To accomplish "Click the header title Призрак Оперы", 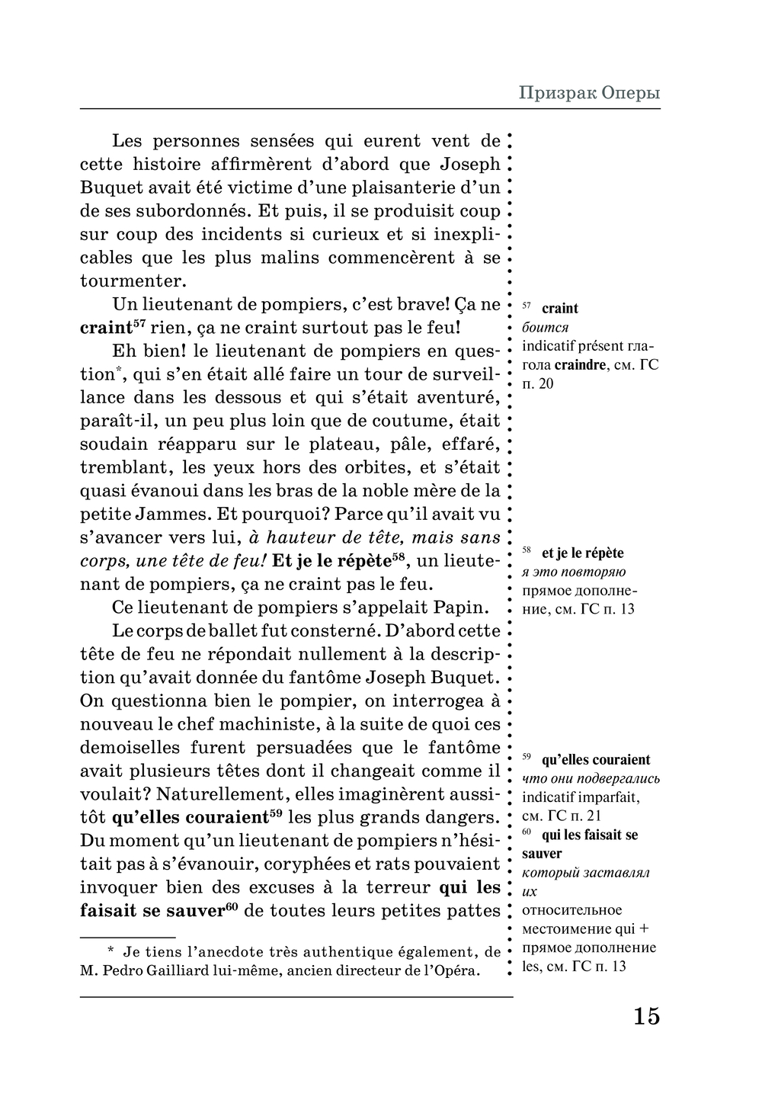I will pos(589,93).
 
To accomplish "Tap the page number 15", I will pos(645,1016).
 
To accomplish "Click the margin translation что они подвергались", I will pos(591,779).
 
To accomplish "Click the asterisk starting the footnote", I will pos(110,951).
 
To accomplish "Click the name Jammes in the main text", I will pos(174,515).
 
